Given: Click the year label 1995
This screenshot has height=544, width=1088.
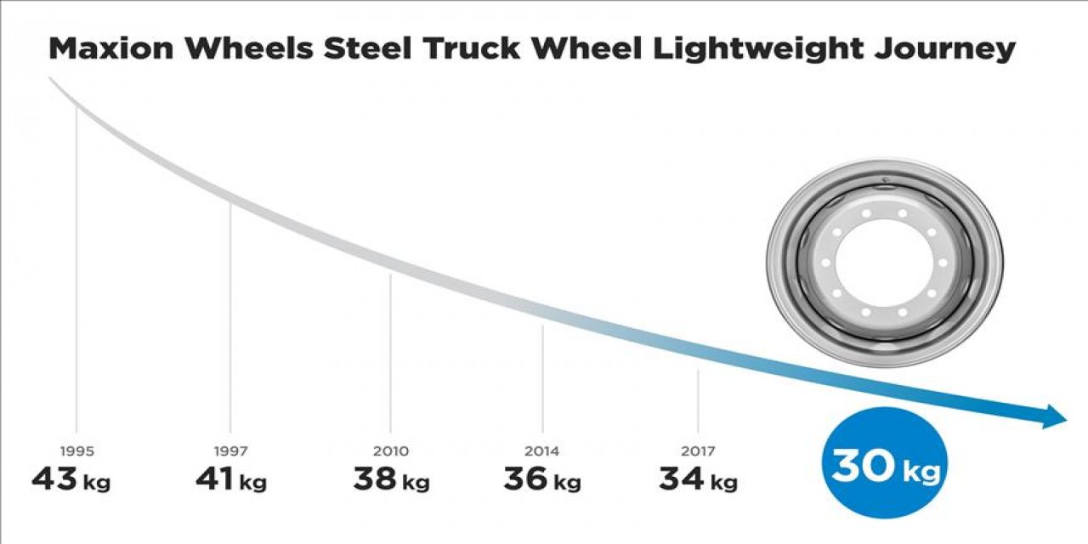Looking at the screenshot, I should click(76, 451).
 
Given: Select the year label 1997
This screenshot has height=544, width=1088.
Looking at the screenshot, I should click(229, 451).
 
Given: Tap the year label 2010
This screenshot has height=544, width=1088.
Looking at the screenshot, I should click(390, 451).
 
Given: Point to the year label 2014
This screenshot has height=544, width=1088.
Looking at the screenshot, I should click(542, 451).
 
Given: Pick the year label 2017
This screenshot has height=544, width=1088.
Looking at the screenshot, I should click(698, 451).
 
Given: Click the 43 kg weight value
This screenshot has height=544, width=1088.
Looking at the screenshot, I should click(71, 480).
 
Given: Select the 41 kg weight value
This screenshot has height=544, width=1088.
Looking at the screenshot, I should click(230, 480).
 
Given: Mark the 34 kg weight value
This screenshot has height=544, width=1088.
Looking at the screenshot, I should click(698, 480).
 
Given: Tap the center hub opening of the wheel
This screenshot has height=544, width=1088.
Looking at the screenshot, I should click(884, 263).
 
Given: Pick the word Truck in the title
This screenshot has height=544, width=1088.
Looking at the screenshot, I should click(476, 49).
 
